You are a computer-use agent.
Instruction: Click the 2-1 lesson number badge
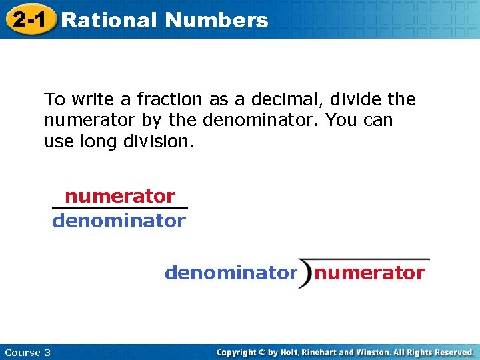click(x=29, y=19)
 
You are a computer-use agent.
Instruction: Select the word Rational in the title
click(x=109, y=20)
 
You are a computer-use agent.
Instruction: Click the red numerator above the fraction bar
click(x=120, y=197)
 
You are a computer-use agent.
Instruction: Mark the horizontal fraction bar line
click(x=120, y=208)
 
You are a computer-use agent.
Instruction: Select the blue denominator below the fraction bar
click(x=119, y=221)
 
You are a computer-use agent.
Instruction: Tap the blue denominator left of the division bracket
click(x=231, y=273)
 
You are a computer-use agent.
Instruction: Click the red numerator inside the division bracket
click(x=369, y=273)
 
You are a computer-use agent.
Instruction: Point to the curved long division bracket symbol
click(x=306, y=273)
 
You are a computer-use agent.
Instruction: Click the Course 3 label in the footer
click(x=27, y=352)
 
